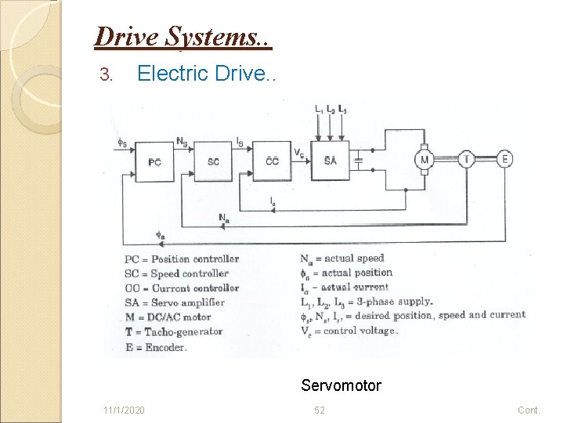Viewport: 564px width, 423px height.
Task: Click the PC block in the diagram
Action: (155, 161)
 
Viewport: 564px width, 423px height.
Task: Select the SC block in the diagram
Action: (214, 161)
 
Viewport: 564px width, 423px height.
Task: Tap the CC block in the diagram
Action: (272, 161)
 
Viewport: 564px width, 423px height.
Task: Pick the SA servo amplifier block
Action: (330, 160)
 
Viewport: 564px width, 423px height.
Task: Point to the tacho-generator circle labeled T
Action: (467, 159)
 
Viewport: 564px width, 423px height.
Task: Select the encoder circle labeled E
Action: (505, 159)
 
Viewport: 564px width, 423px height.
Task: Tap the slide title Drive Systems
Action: (183, 37)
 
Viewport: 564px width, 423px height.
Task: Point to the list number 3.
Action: (107, 74)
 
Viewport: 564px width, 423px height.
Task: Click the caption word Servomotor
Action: (341, 385)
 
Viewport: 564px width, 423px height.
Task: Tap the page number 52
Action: (320, 410)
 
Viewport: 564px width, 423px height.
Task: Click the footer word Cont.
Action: (529, 410)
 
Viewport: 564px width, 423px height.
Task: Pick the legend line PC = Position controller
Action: (182, 259)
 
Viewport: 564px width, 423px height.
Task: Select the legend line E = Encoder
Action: (155, 347)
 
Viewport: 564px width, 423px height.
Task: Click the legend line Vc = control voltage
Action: (349, 330)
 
